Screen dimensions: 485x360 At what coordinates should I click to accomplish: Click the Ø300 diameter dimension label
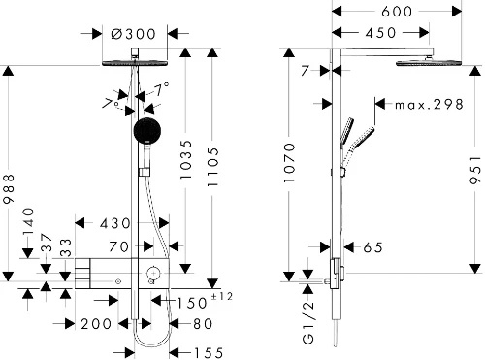tap(133, 34)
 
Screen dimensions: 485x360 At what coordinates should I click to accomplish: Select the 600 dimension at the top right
tap(397, 12)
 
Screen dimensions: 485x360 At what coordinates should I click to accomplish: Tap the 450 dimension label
tap(380, 33)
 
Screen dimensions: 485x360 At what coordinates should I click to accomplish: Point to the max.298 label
tap(430, 104)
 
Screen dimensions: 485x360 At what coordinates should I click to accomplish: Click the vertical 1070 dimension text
tap(289, 163)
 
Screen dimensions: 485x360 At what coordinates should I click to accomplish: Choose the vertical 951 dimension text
tap(475, 170)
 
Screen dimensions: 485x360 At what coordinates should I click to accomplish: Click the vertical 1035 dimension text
tap(186, 159)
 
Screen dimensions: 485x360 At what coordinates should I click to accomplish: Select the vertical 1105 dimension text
tap(212, 167)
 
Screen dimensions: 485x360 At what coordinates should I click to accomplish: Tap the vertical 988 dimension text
tap(9, 188)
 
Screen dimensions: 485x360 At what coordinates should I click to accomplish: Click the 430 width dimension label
tap(114, 223)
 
